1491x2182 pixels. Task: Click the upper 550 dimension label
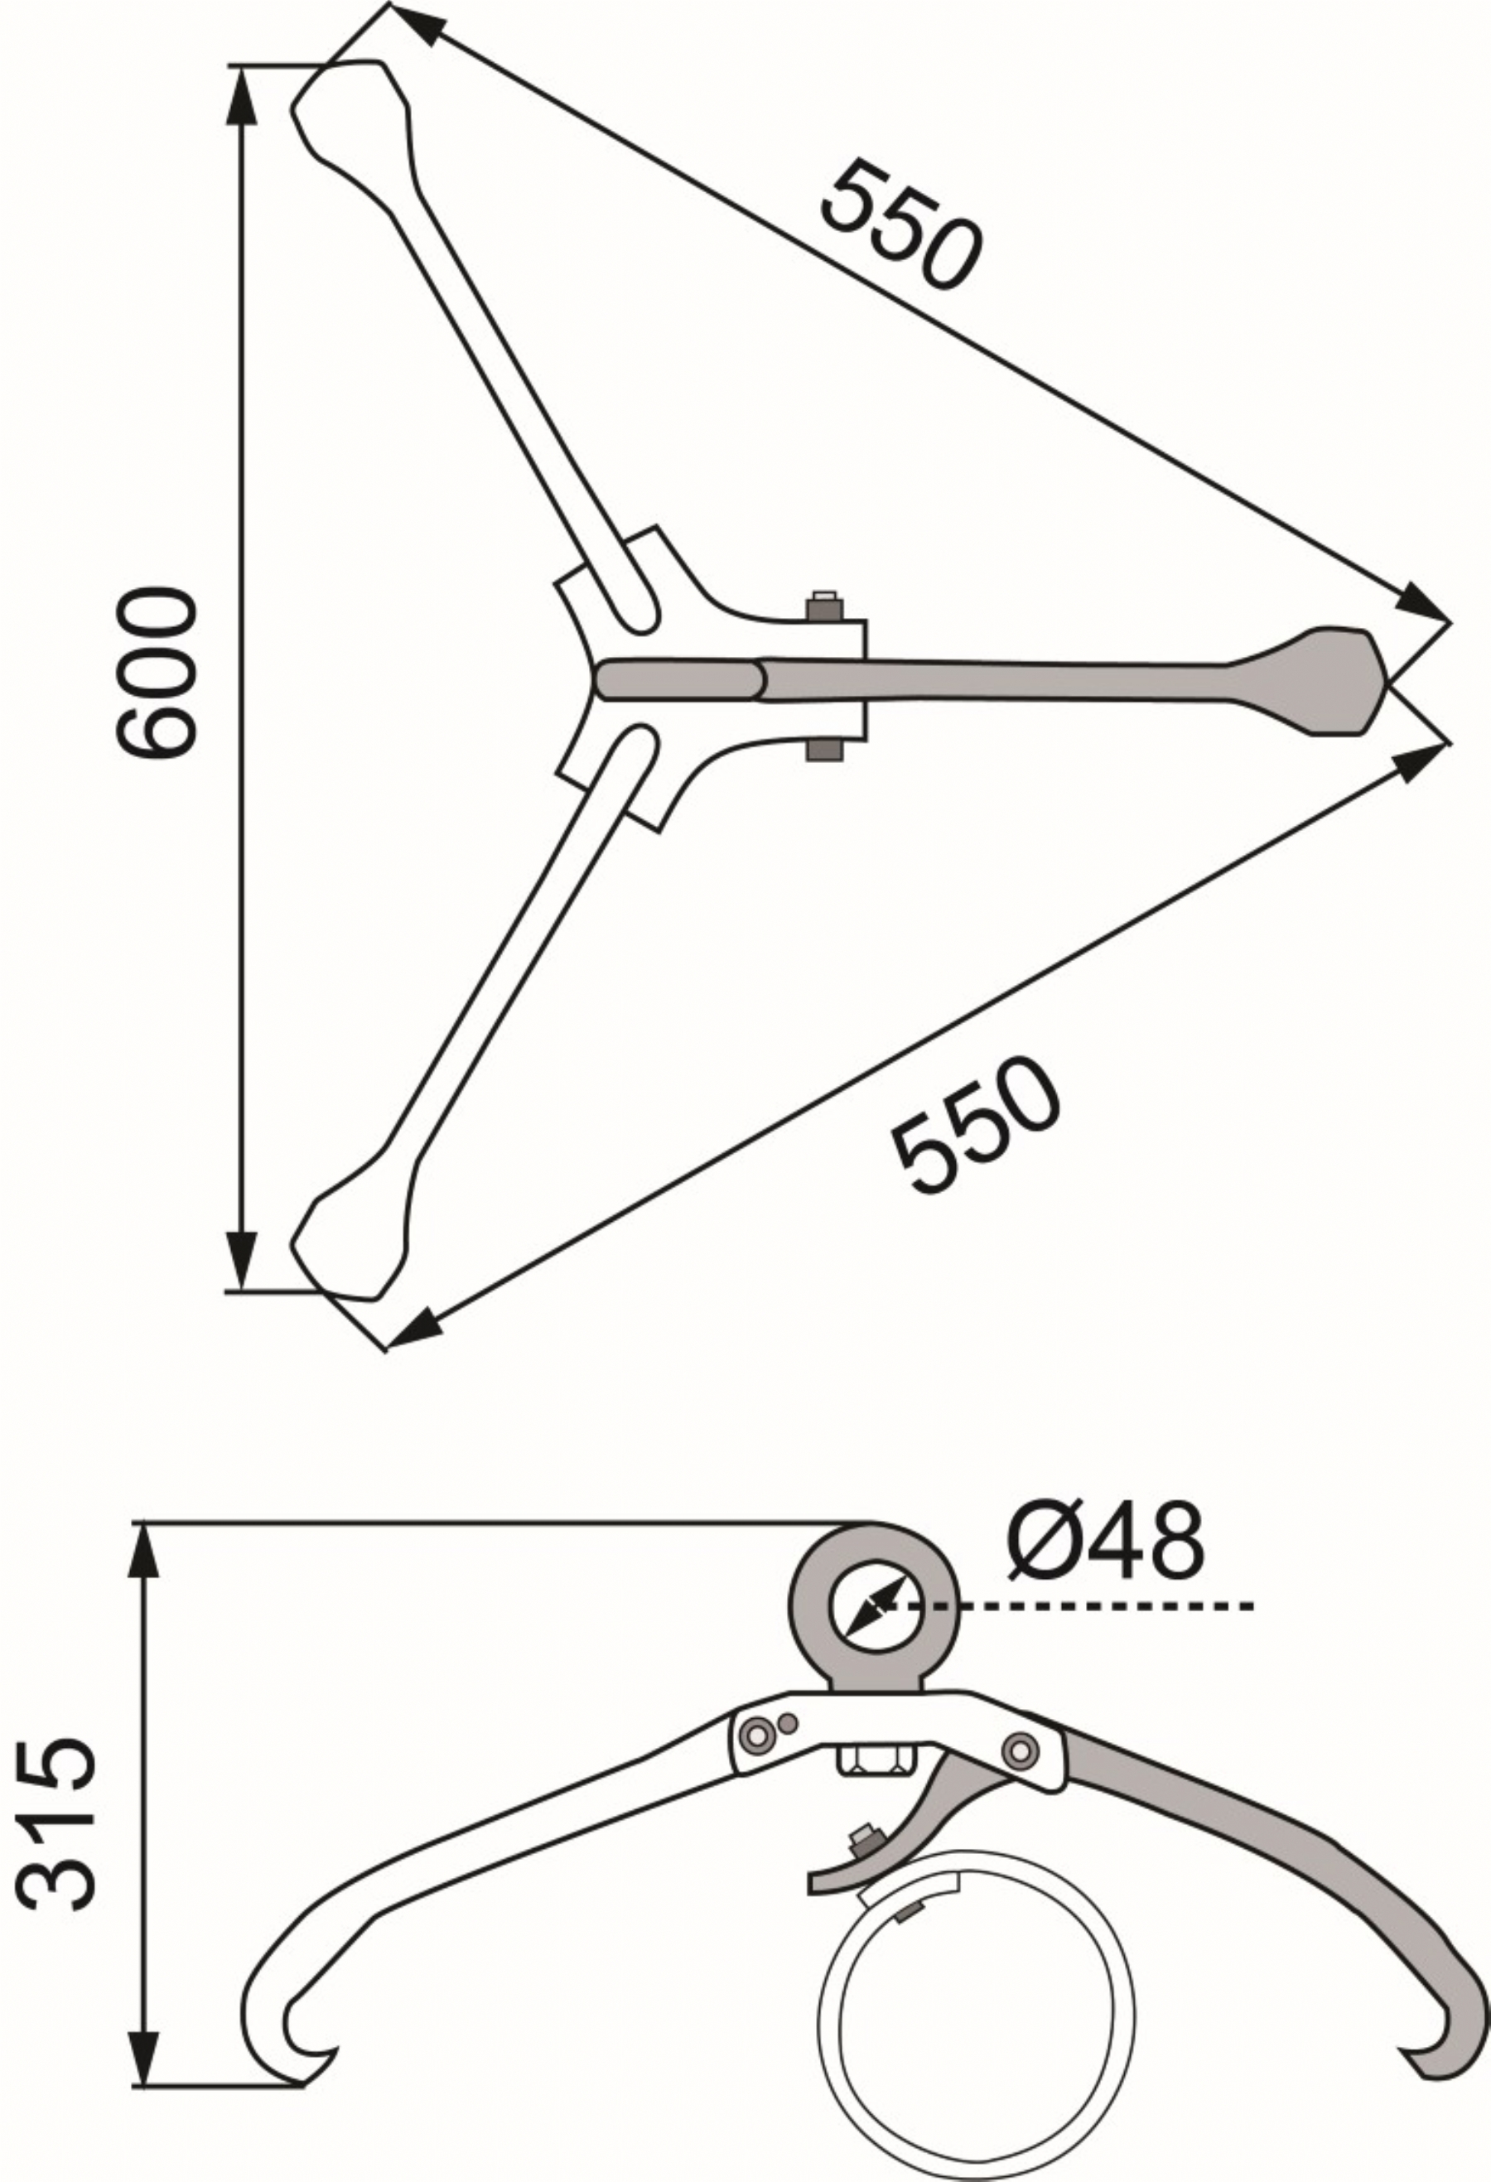[x=901, y=224]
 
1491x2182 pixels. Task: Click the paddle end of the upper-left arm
[x=351, y=120]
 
